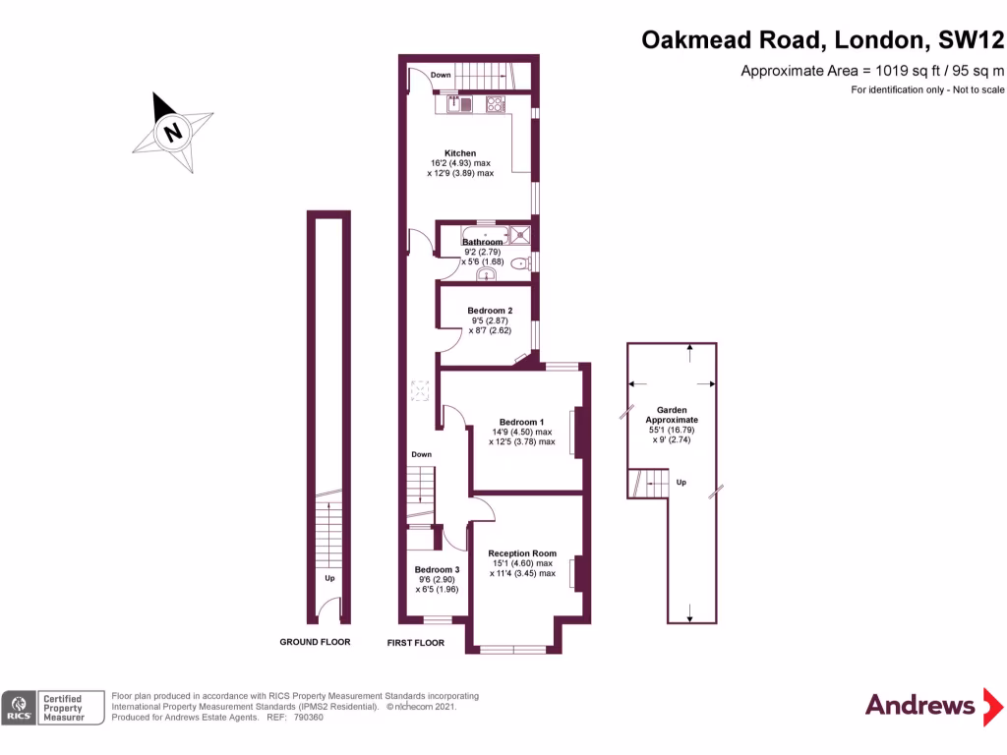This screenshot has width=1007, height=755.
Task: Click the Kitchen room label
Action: click(460, 153)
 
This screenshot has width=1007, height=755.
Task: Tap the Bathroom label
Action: click(483, 242)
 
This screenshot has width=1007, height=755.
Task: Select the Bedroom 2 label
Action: click(489, 311)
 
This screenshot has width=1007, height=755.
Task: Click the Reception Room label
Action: click(522, 553)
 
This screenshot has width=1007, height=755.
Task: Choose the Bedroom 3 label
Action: click(437, 570)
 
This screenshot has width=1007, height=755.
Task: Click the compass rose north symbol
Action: click(173, 132)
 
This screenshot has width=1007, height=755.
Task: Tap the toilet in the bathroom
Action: click(520, 262)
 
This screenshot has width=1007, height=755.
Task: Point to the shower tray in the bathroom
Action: click(520, 234)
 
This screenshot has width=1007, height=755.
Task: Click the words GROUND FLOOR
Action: click(315, 642)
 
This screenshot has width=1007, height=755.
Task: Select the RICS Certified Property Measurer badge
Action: click(54, 707)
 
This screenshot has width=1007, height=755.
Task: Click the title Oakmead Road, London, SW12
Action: click(824, 40)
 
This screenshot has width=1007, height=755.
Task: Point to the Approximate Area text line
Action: click(872, 71)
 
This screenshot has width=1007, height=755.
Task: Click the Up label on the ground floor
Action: click(329, 578)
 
